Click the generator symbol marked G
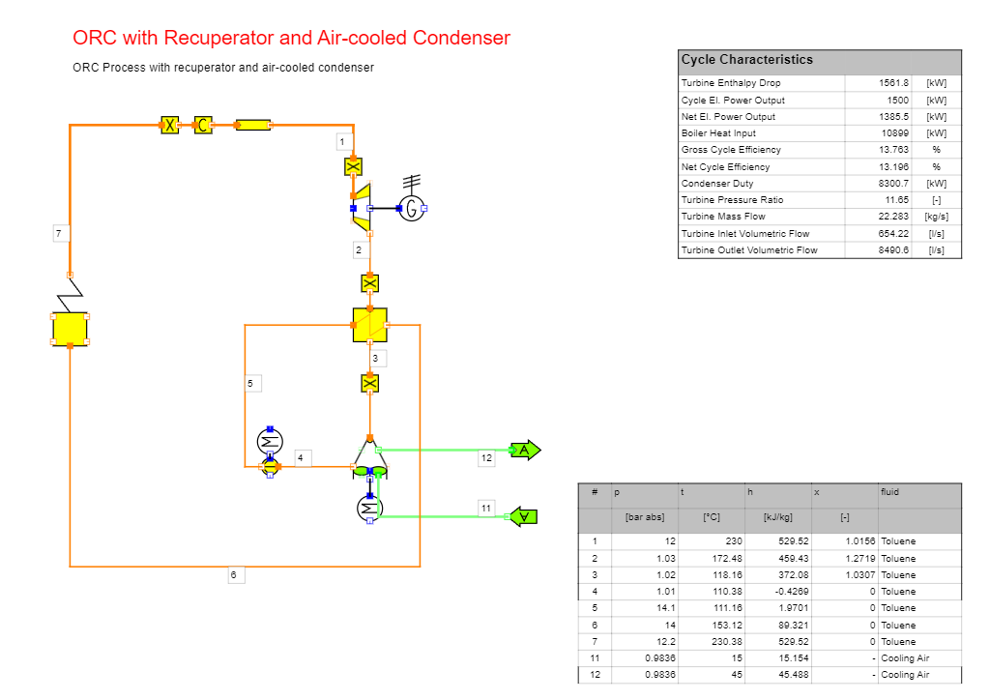tap(412, 208)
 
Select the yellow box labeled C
tap(203, 125)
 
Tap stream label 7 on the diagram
tap(59, 234)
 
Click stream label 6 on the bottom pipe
tap(234, 575)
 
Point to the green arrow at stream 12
tap(525, 450)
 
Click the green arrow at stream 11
tap(523, 517)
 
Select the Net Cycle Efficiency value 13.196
tap(893, 166)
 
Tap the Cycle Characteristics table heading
tap(747, 60)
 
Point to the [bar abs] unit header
tap(645, 517)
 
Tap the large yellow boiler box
tap(70, 329)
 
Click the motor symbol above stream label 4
tap(270, 441)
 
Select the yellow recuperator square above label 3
tap(370, 325)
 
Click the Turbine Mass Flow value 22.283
tap(893, 217)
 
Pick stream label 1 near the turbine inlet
tap(343, 142)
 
